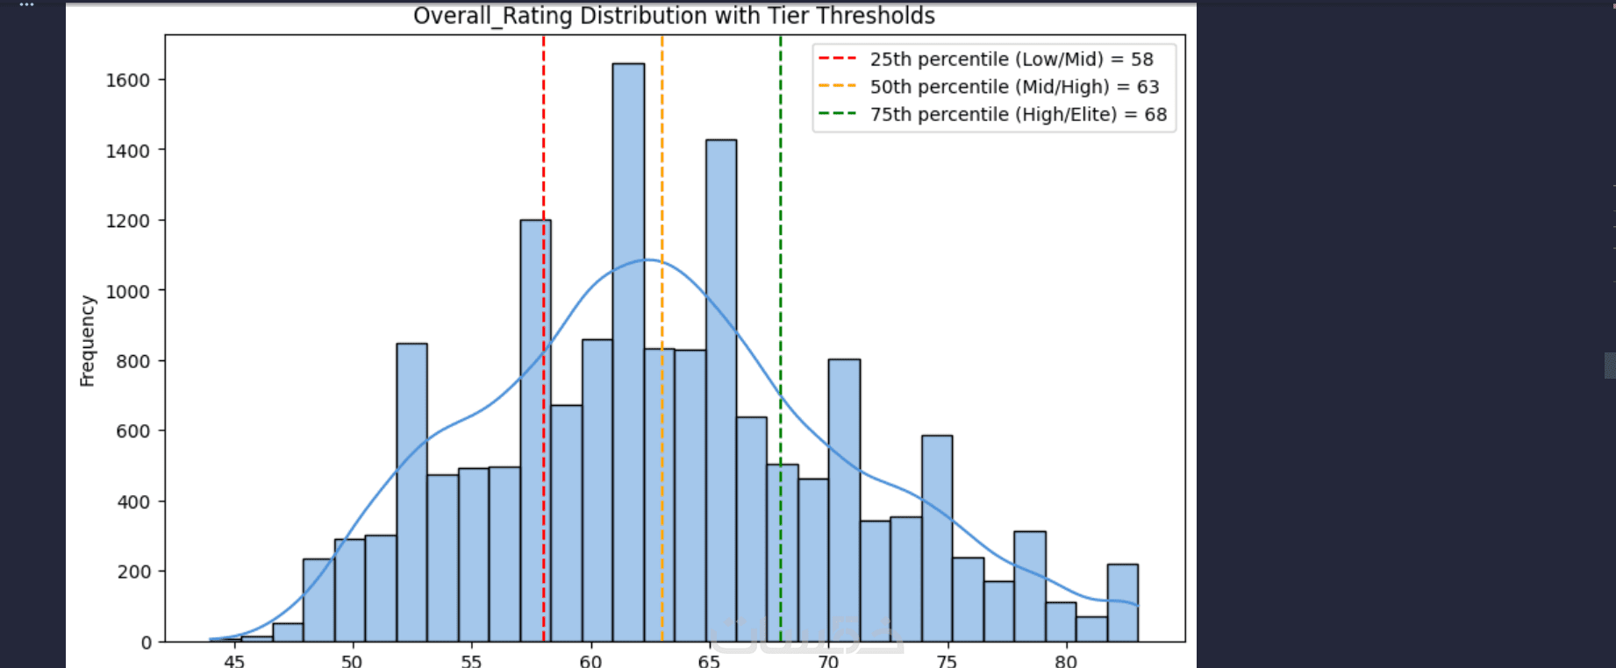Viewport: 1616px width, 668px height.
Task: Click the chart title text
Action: point(674,16)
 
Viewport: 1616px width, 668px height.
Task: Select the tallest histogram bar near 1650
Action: point(628,352)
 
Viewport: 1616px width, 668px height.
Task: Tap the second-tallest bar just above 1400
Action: point(721,391)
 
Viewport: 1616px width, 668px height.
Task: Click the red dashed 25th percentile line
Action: point(544,338)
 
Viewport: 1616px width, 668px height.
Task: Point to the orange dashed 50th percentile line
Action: point(662,338)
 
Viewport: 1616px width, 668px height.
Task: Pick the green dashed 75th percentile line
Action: point(781,338)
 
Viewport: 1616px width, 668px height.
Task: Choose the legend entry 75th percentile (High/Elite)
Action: point(992,114)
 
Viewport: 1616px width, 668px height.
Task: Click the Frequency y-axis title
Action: point(87,341)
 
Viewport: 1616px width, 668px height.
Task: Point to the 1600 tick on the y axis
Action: point(128,80)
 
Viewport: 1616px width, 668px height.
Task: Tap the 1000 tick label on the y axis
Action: point(128,291)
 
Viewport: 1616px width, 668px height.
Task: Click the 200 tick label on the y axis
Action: point(133,572)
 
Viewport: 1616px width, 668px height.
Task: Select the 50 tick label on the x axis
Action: point(352,660)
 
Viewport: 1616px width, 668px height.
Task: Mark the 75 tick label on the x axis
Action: point(947,660)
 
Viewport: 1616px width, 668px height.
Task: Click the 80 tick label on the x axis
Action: point(1066,660)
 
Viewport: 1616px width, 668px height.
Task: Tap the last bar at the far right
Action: point(1122,603)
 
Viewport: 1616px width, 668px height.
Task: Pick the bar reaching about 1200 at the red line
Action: point(535,431)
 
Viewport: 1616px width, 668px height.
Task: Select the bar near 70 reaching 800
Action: point(844,501)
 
